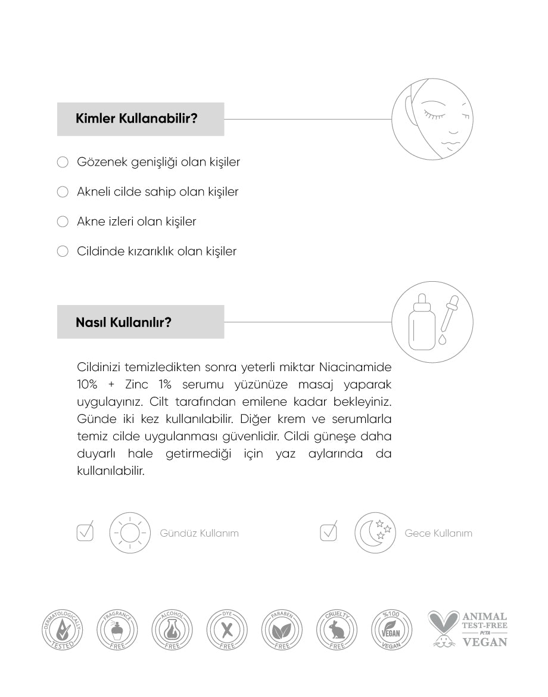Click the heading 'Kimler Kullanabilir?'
coord(136,119)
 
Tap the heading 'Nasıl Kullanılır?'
coord(124,322)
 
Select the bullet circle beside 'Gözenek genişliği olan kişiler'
coord(63,162)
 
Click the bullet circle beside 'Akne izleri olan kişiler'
coord(63,222)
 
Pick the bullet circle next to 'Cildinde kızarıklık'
coord(63,251)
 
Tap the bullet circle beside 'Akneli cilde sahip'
coord(63,192)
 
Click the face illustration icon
coord(432,119)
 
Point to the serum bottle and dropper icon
coord(432,322)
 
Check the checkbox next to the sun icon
coord(85,532)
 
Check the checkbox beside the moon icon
coord(328,532)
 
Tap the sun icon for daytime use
coord(129,533)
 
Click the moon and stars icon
coord(375,533)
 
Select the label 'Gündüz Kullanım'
coord(199,533)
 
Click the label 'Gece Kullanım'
coord(438,533)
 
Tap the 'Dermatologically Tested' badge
coord(61,630)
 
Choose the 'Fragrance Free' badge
coord(117,630)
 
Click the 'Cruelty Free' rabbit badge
coord(337,630)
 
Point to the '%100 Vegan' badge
coord(391,630)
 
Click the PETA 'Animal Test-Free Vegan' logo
coord(468,629)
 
